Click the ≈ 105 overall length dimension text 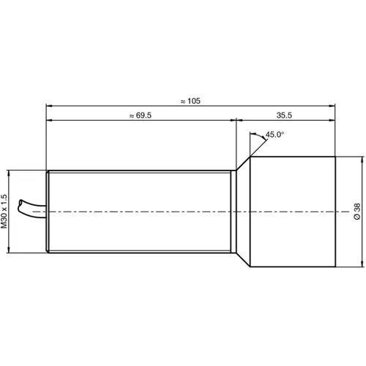tap(189, 100)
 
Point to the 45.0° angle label tap(274, 135)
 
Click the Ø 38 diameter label tap(356, 212)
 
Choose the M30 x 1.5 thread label tap(4, 212)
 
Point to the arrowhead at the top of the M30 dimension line tap(10, 174)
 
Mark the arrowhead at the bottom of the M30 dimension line tap(10, 250)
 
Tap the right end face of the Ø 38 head tap(335, 212)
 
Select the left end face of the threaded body tap(48, 212)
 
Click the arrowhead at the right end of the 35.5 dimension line tap(332, 121)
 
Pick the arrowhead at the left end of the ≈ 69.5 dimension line tap(50, 121)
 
